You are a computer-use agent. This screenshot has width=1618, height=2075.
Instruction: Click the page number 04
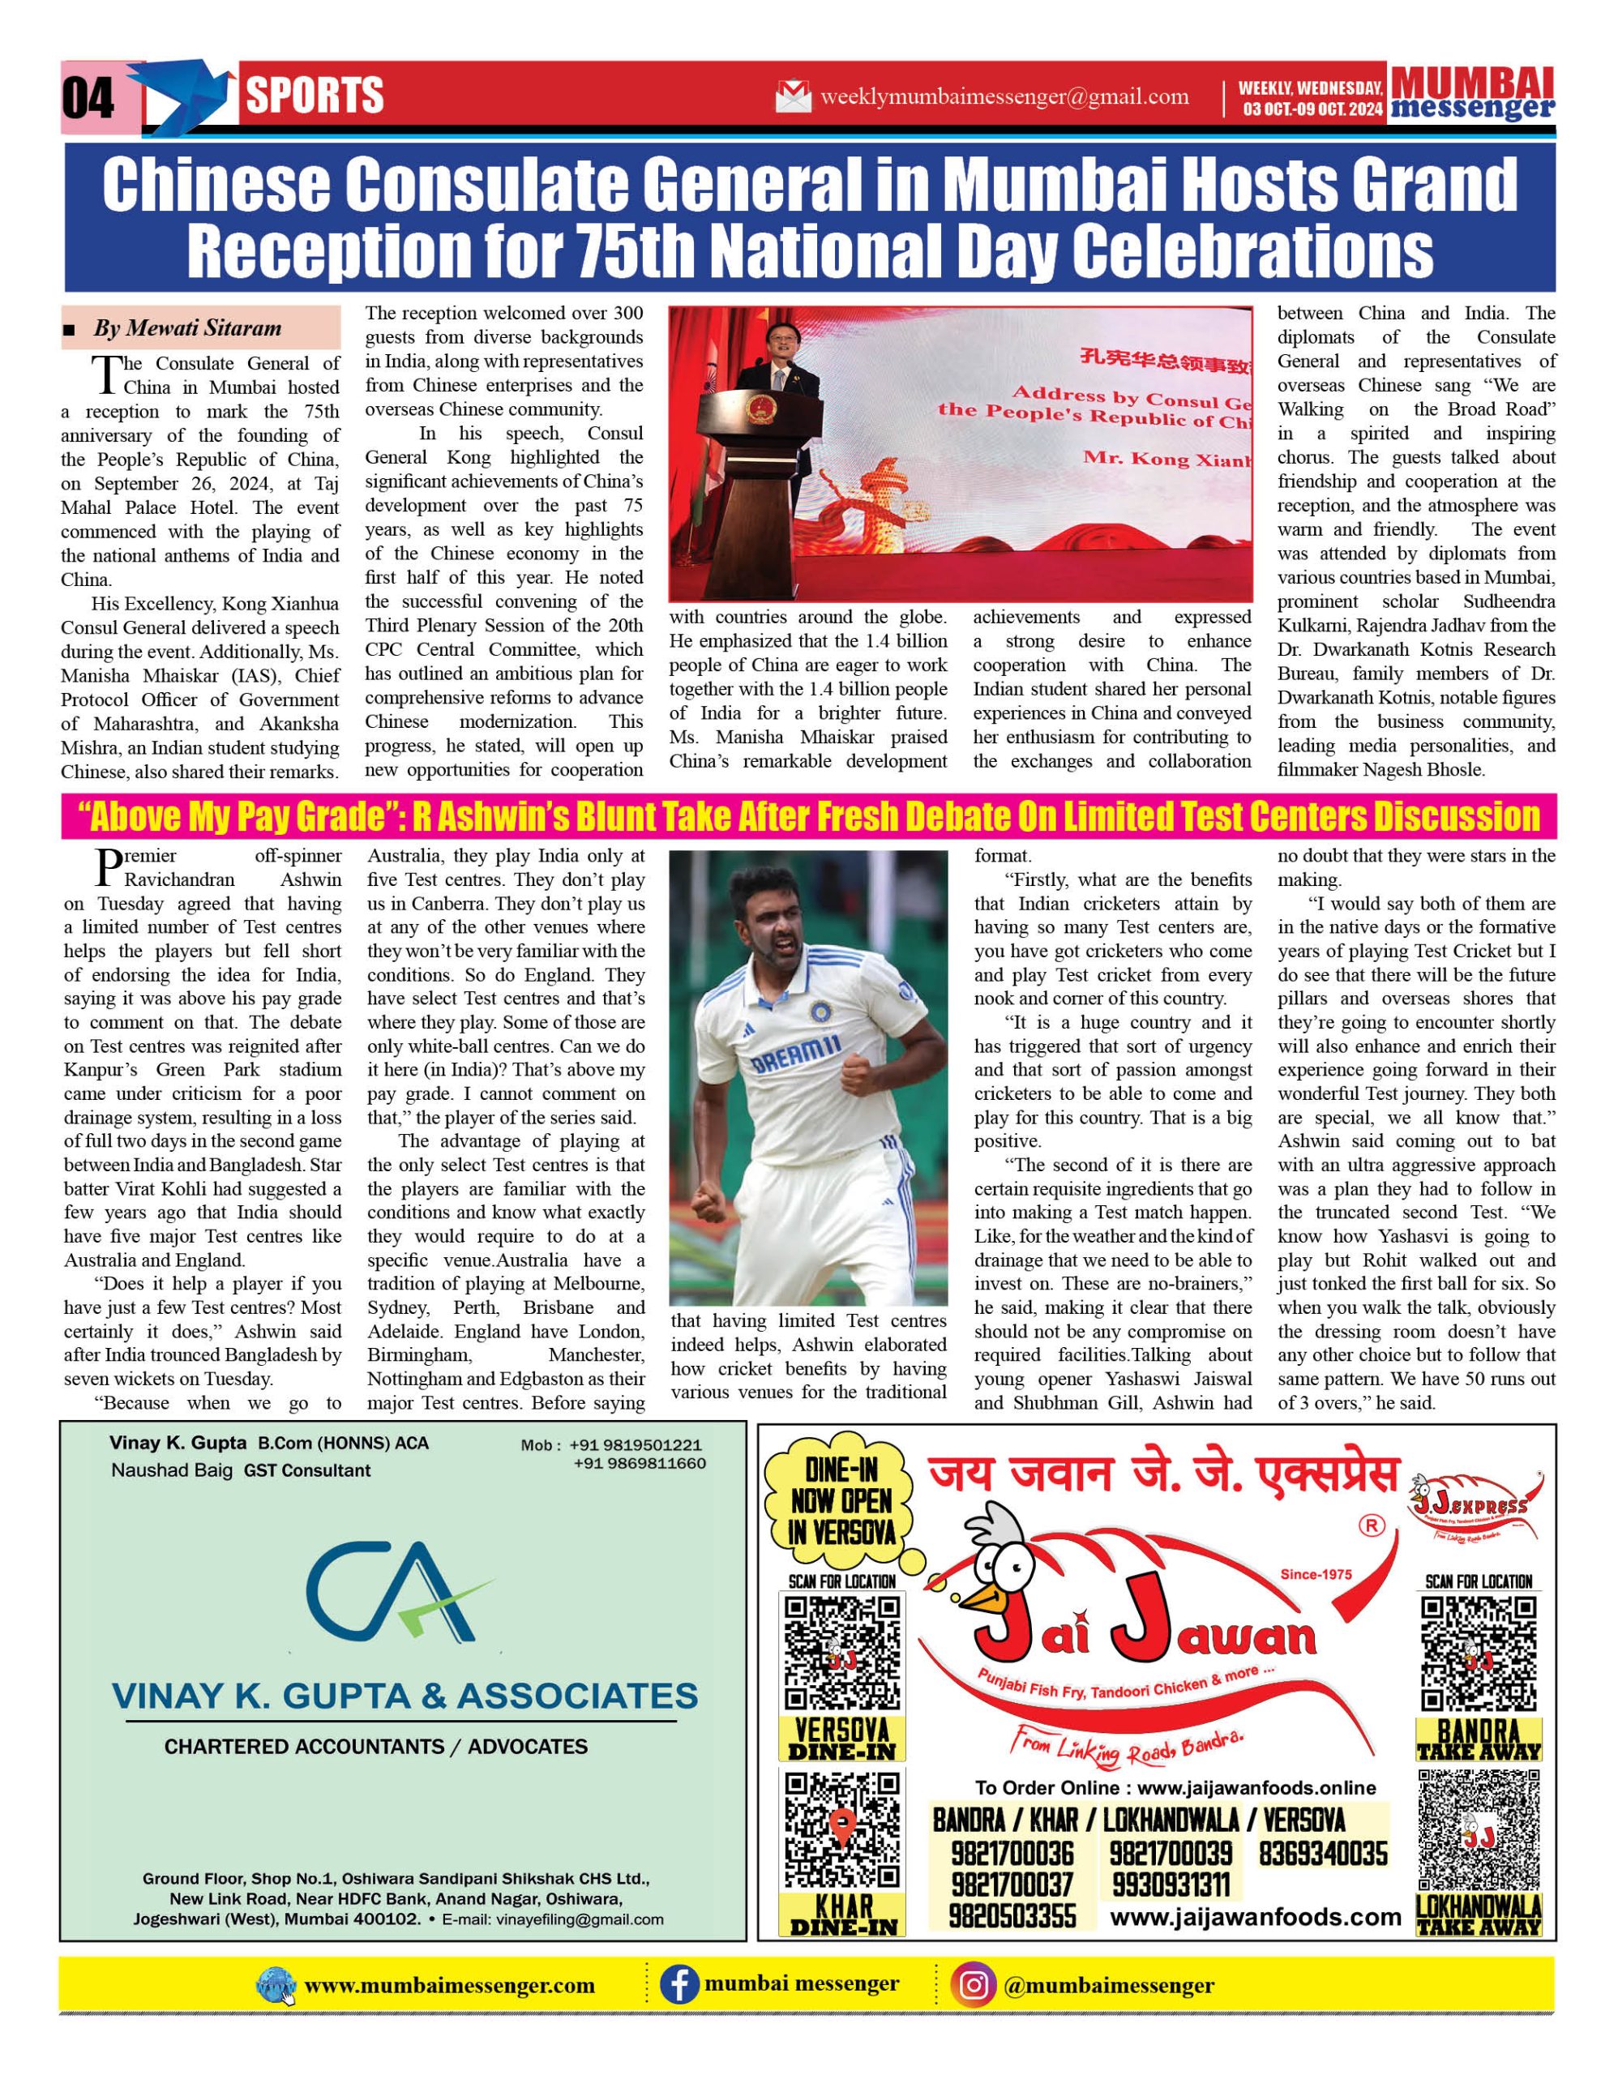88,97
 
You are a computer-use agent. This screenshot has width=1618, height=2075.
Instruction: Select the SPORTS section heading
315,95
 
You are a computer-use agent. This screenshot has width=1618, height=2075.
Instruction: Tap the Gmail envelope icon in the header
792,97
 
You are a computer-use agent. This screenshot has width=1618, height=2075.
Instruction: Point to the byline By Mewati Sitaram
187,329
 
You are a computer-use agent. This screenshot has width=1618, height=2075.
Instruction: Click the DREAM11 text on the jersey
796,1055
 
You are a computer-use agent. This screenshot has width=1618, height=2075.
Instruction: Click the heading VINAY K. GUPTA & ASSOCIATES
404,1696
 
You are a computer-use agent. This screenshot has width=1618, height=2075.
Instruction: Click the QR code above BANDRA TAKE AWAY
1479,1654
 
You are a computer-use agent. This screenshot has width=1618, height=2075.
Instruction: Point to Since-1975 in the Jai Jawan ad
1315,1574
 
